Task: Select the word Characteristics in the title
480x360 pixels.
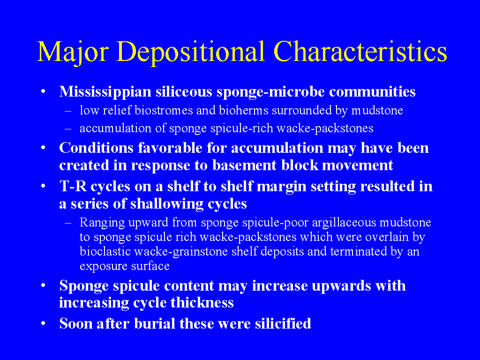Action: point(360,52)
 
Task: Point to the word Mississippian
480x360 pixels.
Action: point(105,92)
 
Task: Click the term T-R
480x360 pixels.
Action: point(73,187)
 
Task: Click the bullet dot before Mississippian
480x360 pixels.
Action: point(43,91)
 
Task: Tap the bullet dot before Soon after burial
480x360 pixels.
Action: point(43,323)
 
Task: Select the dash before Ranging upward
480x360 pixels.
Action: point(68,223)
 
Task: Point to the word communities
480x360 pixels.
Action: point(372,92)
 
